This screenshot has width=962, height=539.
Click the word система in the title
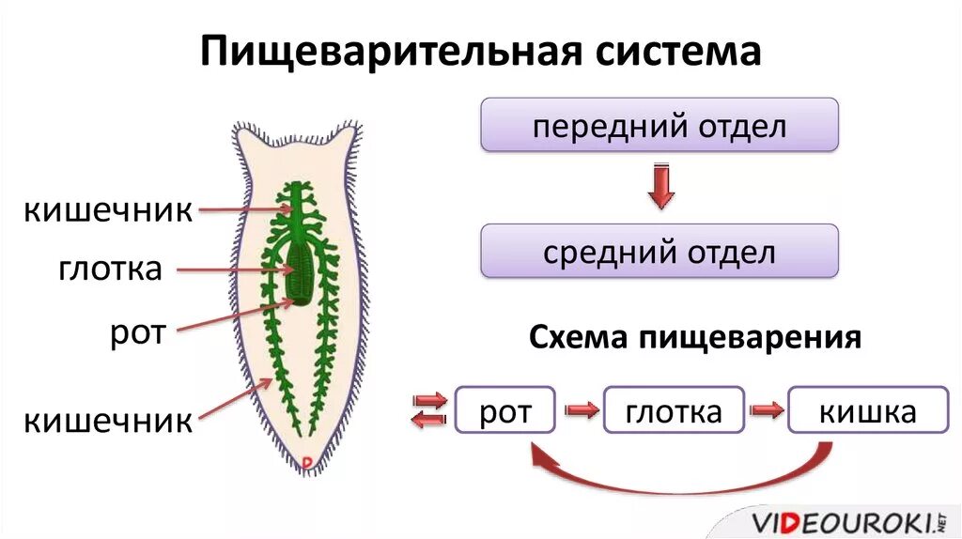[675, 51]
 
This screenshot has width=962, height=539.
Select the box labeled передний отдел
[659, 126]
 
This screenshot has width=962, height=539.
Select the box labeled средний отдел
[659, 252]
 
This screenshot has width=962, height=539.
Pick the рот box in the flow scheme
[505, 410]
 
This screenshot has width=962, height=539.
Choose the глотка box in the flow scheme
[674, 410]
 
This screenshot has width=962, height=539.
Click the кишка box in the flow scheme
[867, 410]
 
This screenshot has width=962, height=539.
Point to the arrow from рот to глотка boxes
[581, 410]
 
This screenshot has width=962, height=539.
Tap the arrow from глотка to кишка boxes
[767, 410]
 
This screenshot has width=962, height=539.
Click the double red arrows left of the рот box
[430, 410]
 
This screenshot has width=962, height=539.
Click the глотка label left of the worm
[111, 269]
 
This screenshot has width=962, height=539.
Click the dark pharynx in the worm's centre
[302, 271]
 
